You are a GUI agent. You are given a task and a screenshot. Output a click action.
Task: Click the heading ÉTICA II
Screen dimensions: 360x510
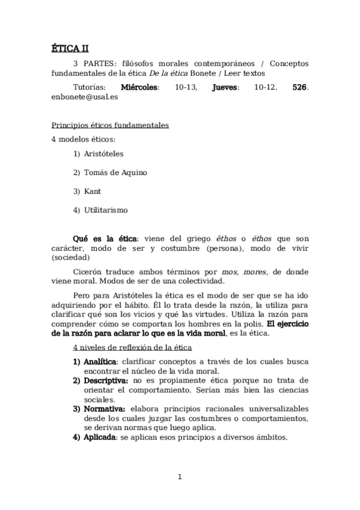(x=70, y=49)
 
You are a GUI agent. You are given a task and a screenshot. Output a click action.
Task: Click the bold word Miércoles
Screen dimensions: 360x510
(x=140, y=87)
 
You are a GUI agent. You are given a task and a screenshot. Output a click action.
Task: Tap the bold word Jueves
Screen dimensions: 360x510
(x=225, y=87)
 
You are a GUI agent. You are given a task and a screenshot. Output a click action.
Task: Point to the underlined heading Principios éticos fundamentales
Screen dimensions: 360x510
(x=109, y=126)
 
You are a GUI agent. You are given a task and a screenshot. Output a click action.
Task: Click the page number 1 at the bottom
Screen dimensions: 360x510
(x=180, y=478)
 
